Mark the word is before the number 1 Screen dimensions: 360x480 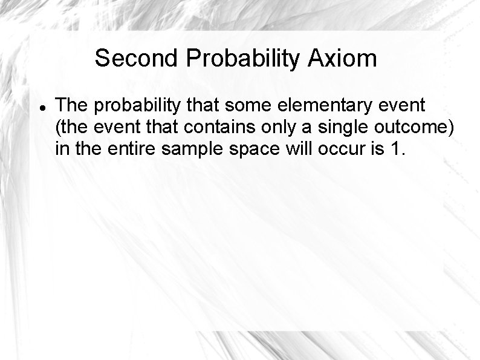pos(376,148)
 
